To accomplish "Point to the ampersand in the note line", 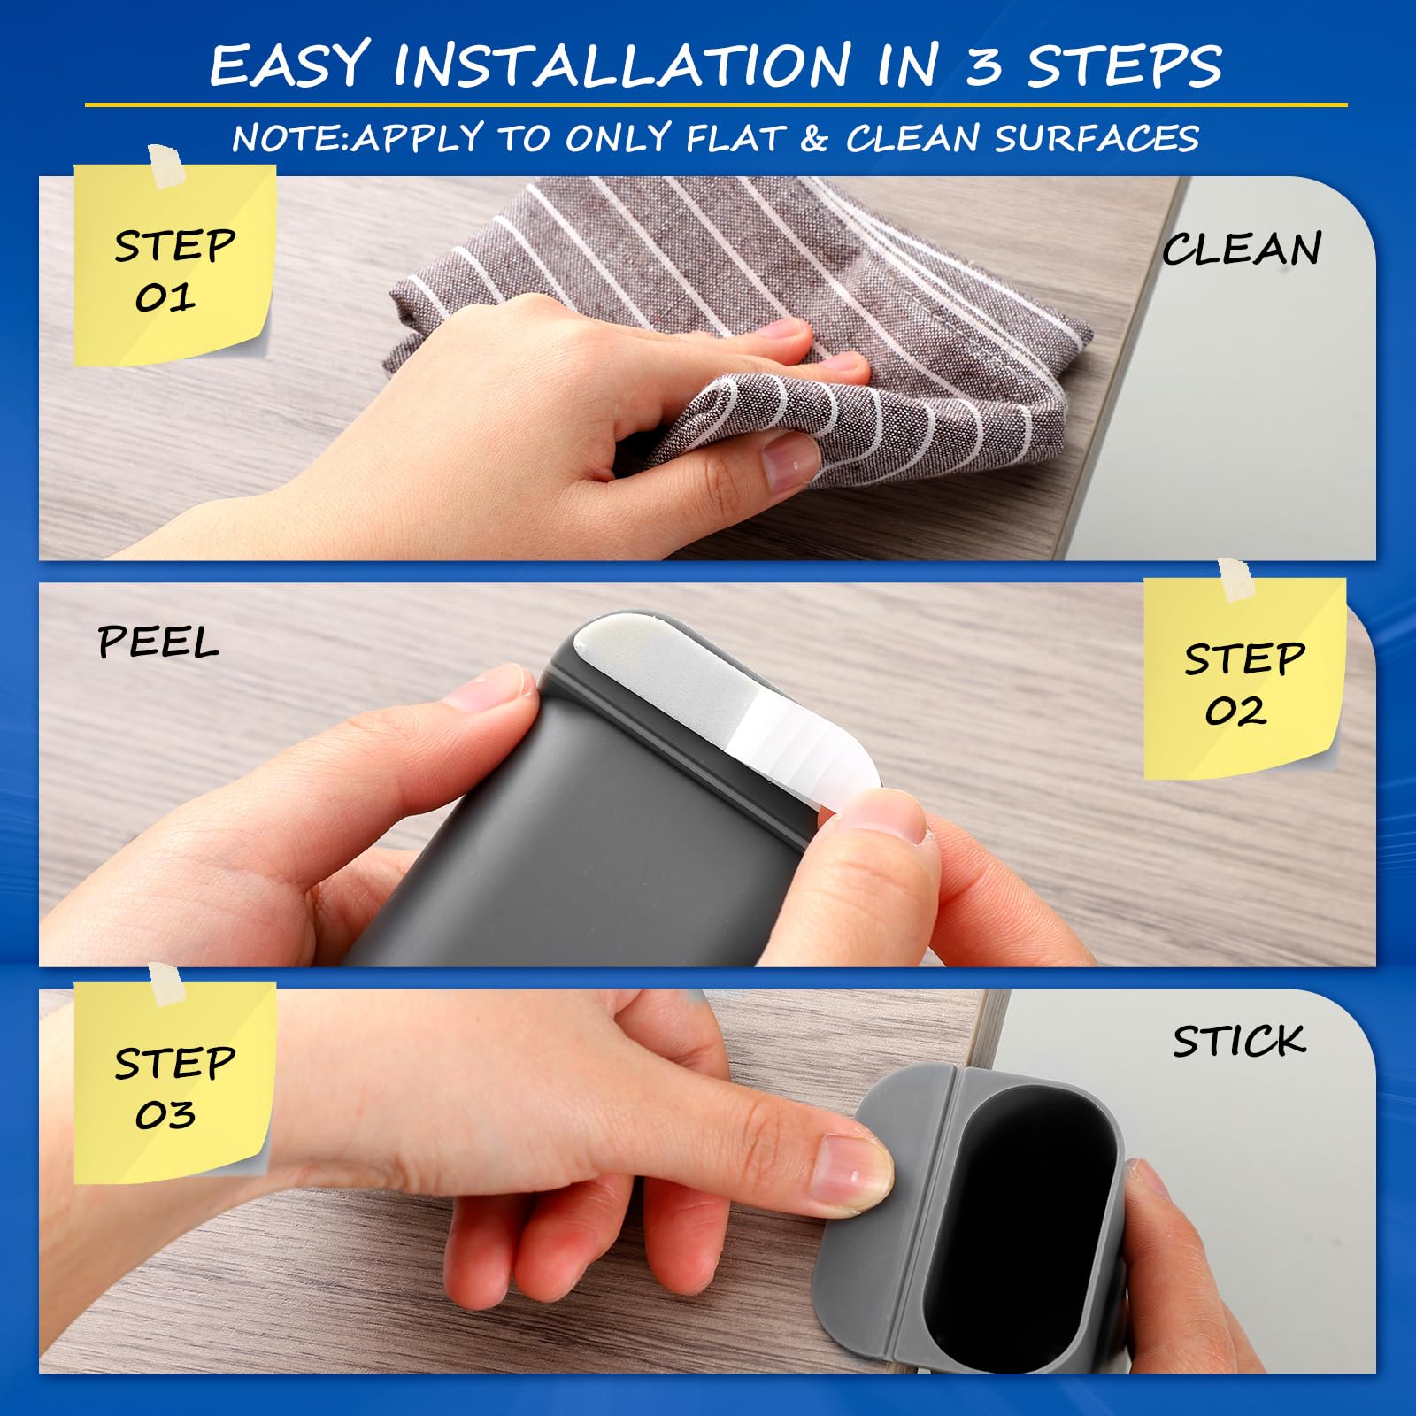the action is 813,139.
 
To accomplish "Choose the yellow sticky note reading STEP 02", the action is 1243,678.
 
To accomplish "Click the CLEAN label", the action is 1242,249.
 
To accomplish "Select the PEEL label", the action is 158,642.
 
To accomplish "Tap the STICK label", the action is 1239,1041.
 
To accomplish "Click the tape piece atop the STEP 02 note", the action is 1235,580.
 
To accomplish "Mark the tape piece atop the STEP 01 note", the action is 165,167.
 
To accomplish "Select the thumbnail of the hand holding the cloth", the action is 789,459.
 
